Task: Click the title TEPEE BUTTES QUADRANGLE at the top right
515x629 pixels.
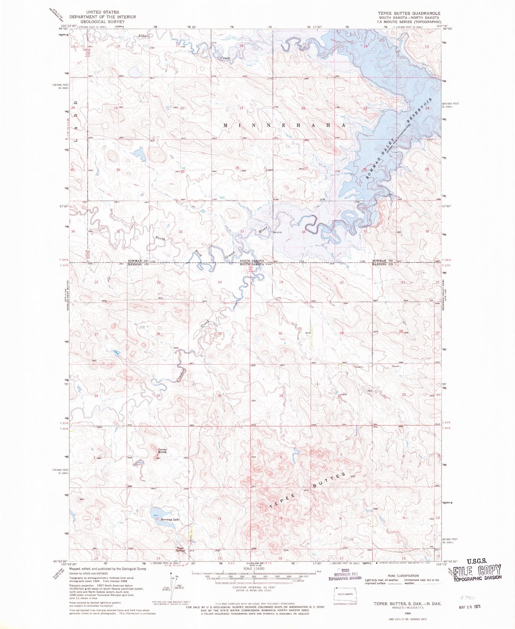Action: pos(404,13)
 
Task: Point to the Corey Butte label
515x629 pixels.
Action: pos(162,451)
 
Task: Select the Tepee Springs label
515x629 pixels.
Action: pos(180,549)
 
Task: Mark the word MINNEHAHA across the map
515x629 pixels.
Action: pos(284,125)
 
